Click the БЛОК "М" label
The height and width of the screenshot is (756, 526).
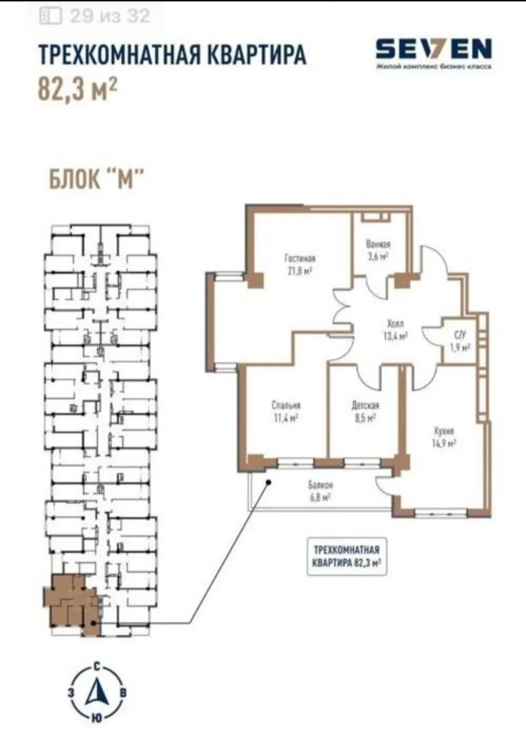(x=98, y=179)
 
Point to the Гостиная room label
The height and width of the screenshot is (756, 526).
(x=300, y=259)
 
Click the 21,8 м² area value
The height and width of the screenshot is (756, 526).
(x=300, y=271)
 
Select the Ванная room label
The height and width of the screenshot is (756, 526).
(x=378, y=244)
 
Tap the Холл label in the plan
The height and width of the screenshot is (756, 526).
(x=395, y=324)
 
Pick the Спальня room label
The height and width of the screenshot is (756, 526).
(x=286, y=405)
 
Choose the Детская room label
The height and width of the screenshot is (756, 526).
(x=365, y=405)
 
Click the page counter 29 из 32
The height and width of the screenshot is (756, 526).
(x=110, y=16)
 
